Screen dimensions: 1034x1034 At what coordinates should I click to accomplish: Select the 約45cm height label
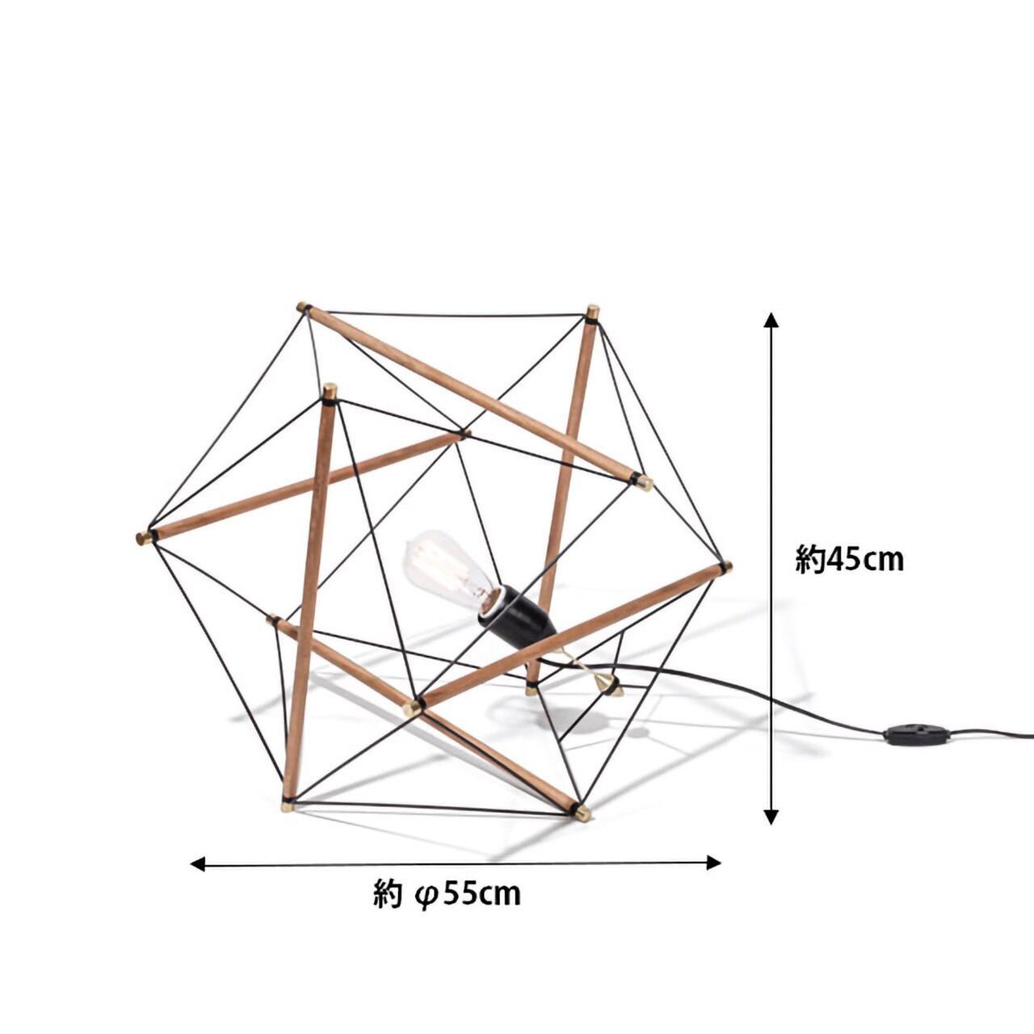tap(849, 559)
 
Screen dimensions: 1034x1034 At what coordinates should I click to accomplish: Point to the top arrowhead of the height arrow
tap(771, 320)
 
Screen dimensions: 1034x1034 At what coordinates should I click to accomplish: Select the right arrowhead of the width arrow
tap(713, 862)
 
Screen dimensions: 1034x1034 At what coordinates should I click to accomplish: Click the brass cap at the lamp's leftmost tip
tap(144, 537)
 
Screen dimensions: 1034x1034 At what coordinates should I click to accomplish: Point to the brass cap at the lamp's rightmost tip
tap(726, 566)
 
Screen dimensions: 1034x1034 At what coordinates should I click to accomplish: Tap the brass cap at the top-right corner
tap(593, 312)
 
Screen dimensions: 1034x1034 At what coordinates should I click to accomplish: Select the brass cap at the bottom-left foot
tap(288, 805)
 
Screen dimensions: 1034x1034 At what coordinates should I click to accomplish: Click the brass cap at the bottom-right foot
tap(582, 813)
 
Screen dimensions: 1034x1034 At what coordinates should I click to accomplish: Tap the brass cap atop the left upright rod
tap(330, 391)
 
